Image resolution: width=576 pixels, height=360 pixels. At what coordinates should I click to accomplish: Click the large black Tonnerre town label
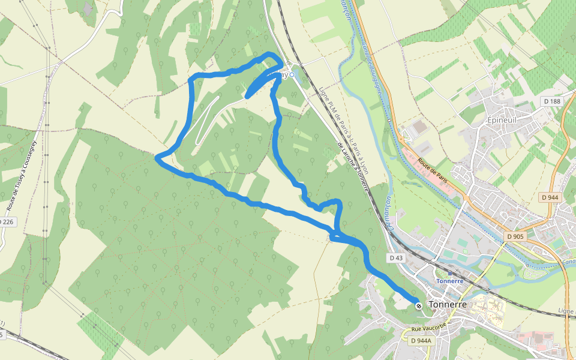tap(448, 305)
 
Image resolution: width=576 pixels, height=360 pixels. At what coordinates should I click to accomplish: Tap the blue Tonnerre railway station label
tap(450, 281)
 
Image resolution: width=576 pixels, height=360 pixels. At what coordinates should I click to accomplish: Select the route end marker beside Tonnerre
tap(419, 306)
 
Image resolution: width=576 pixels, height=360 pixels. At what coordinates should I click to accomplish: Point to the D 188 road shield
tap(552, 101)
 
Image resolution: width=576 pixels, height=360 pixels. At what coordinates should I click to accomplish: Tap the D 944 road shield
tap(550, 197)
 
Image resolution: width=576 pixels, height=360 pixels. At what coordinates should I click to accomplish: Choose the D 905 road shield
tap(515, 236)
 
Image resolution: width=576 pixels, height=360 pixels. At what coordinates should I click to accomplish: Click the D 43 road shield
tap(395, 258)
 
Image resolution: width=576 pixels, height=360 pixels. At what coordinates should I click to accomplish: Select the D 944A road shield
tap(421, 341)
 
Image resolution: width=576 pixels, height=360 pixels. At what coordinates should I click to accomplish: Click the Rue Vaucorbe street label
tap(428, 328)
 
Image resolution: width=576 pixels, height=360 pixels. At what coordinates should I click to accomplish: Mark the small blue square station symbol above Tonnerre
tap(450, 273)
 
